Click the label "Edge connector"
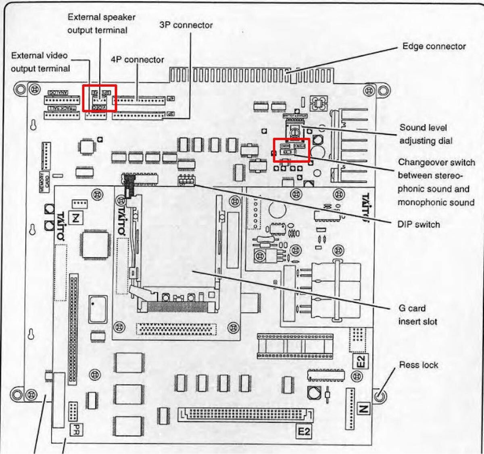point(434,46)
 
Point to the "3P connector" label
point(186,25)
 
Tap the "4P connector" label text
point(137,60)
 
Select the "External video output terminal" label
point(40,62)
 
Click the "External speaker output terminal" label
point(101,23)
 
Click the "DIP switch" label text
point(418,224)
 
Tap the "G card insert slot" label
point(417,315)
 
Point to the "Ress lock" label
point(418,365)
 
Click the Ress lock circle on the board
point(379,396)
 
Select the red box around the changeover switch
point(292,150)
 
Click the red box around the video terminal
point(99,98)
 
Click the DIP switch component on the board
point(186,180)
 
